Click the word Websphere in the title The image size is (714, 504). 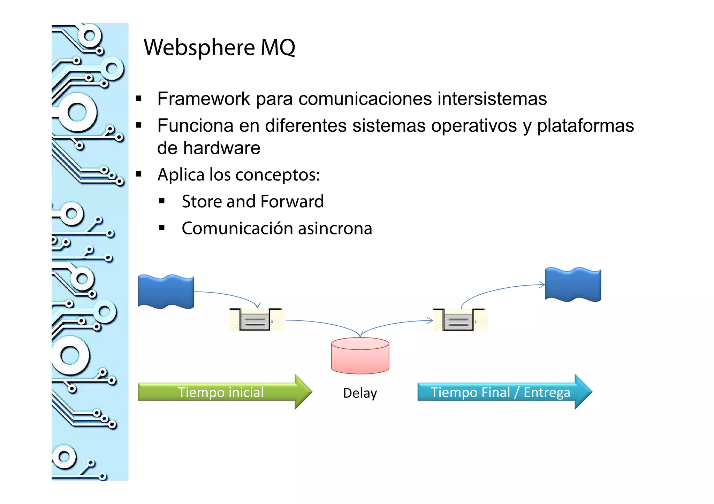pyautogui.click(x=199, y=48)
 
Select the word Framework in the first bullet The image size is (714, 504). pyautogui.click(x=204, y=99)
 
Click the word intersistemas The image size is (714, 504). pyautogui.click(x=492, y=99)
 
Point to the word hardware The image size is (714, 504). pyautogui.click(x=222, y=148)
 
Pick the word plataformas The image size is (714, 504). pyautogui.click(x=585, y=126)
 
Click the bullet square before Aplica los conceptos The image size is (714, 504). pyautogui.click(x=139, y=174)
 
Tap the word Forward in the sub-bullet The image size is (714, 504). pyautogui.click(x=292, y=202)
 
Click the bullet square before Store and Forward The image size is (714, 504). pyautogui.click(x=162, y=201)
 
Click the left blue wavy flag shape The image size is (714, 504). pyautogui.click(x=166, y=292)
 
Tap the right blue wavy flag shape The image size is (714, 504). pyautogui.click(x=573, y=285)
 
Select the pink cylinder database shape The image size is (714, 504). pyautogui.click(x=360, y=356)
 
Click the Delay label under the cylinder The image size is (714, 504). pyautogui.click(x=360, y=393)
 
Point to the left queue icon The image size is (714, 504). pyautogui.click(x=256, y=320)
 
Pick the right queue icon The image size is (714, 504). pyautogui.click(x=459, y=320)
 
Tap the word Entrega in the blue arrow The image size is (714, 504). pyautogui.click(x=547, y=393)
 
